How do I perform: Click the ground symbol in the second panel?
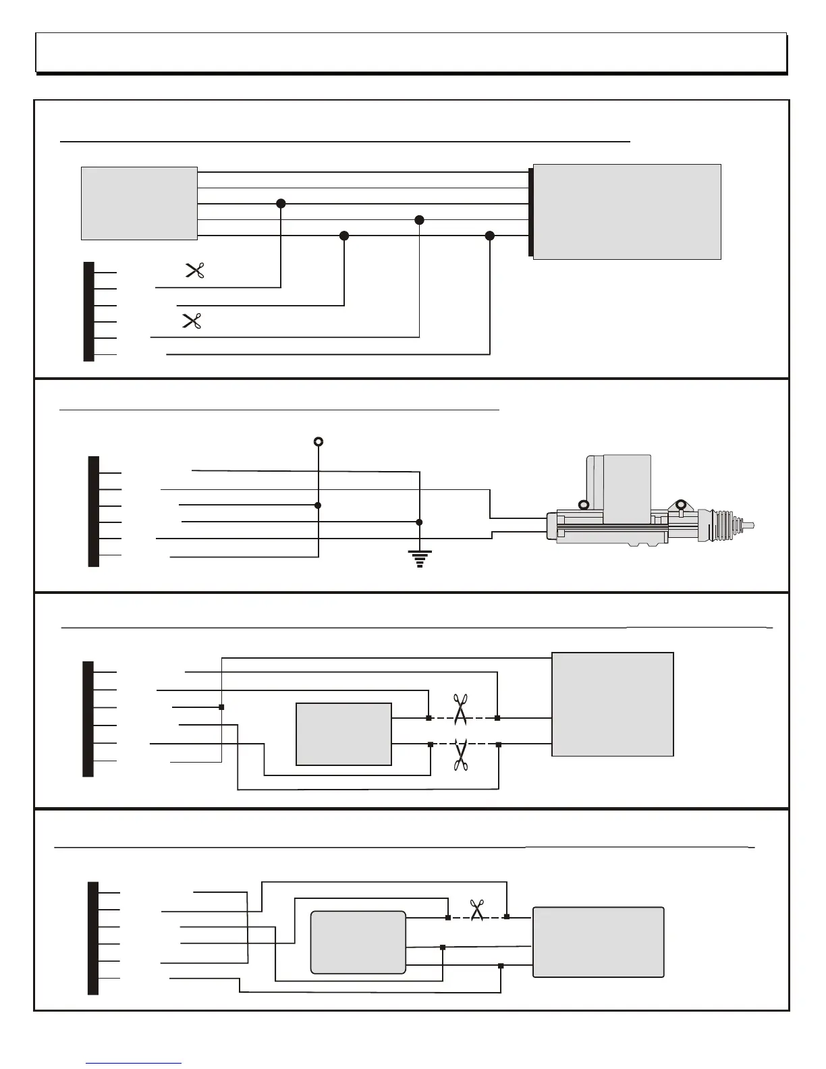(x=420, y=559)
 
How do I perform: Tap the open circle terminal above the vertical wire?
(x=319, y=442)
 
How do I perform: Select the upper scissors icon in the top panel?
(x=195, y=271)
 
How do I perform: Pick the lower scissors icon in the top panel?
(x=192, y=321)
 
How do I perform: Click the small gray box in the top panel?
(x=139, y=203)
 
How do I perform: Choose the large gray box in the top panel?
(x=627, y=211)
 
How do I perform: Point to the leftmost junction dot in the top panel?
(x=281, y=204)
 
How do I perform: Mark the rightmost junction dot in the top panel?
(x=490, y=236)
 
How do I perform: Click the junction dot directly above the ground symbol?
(x=419, y=522)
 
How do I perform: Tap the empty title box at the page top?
(x=411, y=52)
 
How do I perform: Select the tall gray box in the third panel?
(x=613, y=704)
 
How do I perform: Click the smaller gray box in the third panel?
(x=344, y=734)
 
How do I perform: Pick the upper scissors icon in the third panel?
(x=461, y=710)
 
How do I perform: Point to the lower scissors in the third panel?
(x=462, y=755)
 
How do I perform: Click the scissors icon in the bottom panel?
(x=478, y=910)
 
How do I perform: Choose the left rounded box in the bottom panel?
(x=358, y=942)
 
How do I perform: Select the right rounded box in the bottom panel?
(x=599, y=942)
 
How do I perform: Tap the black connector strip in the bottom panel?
(x=93, y=937)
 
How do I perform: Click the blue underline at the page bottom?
(x=134, y=1063)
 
